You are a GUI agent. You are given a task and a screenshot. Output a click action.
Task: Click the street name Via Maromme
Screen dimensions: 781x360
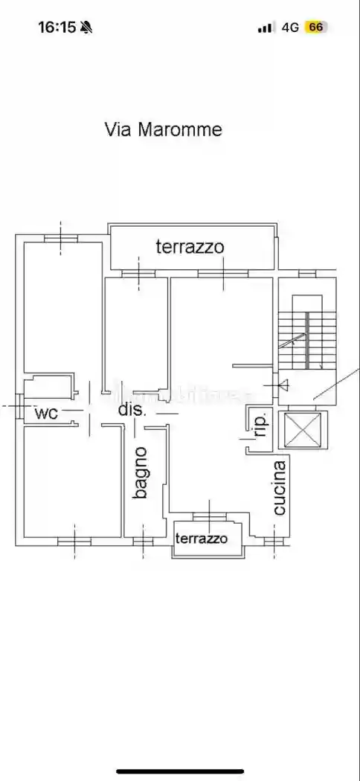tap(163, 129)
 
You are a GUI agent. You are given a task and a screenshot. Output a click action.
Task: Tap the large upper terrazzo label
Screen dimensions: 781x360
tap(189, 247)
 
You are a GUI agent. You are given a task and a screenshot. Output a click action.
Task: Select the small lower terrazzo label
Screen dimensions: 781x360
tap(202, 538)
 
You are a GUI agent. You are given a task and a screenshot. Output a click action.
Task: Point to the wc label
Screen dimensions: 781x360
tap(46, 414)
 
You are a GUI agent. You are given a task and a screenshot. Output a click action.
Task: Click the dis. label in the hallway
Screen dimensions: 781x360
tap(132, 409)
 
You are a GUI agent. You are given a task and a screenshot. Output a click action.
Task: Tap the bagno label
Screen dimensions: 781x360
tap(141, 472)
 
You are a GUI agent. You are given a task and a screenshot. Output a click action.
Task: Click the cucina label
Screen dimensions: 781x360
tap(279, 488)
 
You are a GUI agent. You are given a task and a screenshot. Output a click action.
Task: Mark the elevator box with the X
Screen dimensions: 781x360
tap(302, 429)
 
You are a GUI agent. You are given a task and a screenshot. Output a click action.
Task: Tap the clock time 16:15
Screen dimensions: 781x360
tap(57, 28)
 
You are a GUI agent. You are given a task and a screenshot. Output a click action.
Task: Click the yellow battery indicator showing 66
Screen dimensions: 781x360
tap(315, 28)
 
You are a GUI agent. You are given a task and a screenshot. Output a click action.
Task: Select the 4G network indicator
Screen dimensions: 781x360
tap(290, 28)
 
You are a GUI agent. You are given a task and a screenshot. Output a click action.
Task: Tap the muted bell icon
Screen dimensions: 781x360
tap(87, 28)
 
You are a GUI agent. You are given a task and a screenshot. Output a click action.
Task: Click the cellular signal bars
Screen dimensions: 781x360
tap(266, 28)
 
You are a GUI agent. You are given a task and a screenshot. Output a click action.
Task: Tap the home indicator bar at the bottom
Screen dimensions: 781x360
tap(180, 771)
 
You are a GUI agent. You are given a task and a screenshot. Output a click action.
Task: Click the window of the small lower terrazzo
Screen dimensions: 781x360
tap(209, 515)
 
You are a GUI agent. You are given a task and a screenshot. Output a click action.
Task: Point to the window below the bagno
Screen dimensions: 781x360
tap(143, 541)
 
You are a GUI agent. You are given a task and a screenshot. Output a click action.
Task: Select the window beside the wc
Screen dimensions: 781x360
tap(17, 407)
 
